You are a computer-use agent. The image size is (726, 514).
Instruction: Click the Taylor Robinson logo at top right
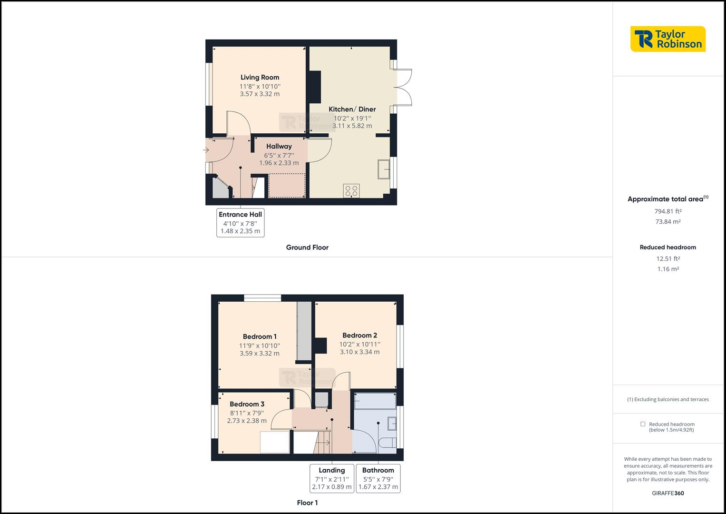[x=668, y=39]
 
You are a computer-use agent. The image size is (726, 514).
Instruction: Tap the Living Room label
[x=260, y=77]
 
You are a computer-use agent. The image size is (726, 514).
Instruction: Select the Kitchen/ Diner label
[x=352, y=109]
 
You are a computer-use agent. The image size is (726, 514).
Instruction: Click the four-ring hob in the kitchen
[x=351, y=191]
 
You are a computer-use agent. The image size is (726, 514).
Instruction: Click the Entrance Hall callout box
[x=240, y=222]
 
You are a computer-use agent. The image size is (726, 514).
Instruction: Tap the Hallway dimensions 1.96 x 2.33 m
[x=279, y=163]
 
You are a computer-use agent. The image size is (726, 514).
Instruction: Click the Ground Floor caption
[x=307, y=247]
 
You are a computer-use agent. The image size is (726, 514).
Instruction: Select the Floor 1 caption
[x=307, y=503]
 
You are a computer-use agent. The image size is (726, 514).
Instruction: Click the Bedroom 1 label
[x=260, y=336]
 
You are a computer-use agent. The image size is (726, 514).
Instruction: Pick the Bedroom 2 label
[x=359, y=335]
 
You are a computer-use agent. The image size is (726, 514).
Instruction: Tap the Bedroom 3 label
[x=247, y=404]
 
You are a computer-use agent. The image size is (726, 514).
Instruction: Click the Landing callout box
[x=332, y=478]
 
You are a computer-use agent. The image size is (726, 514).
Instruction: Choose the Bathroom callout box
[x=378, y=478]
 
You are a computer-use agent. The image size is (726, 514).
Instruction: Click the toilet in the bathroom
[x=388, y=443]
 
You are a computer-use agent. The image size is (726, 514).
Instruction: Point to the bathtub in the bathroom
[x=375, y=401]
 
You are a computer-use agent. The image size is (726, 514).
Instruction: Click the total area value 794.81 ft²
[x=668, y=211]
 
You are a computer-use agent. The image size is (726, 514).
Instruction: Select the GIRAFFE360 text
[x=668, y=493]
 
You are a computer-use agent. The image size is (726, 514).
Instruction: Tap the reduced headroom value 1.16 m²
[x=668, y=269]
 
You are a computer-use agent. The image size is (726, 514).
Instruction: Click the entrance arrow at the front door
[x=206, y=150]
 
